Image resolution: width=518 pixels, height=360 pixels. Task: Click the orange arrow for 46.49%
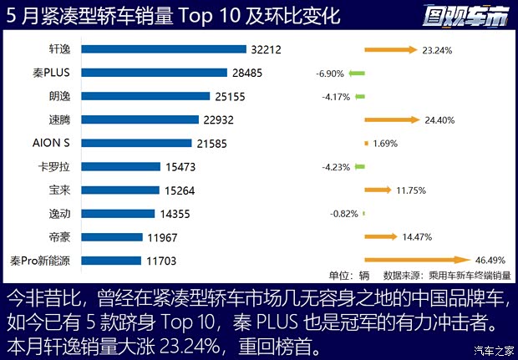pyautogui.click(x=418, y=261)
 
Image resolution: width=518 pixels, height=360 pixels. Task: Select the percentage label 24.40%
pyautogui.click(x=439, y=120)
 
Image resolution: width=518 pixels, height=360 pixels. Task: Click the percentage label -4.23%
pyautogui.click(x=336, y=167)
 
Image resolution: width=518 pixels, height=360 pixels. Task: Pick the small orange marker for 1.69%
pyautogui.click(x=366, y=144)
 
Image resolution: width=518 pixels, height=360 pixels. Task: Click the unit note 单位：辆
pyautogui.click(x=349, y=275)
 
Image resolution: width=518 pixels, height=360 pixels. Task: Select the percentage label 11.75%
pyautogui.click(x=412, y=190)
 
